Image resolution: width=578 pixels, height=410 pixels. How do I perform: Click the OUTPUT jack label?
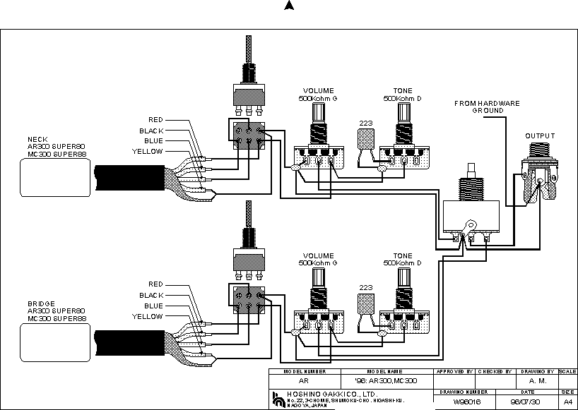tap(540, 136)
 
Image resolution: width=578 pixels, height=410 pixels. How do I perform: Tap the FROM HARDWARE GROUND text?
tap(487, 107)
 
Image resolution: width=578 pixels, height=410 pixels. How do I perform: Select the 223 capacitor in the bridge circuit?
tap(365, 304)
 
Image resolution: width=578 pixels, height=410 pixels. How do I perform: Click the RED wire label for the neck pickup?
tap(155, 120)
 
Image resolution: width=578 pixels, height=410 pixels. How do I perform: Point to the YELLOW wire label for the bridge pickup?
tap(148, 317)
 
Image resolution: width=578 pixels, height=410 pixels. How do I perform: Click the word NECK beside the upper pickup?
tap(37, 139)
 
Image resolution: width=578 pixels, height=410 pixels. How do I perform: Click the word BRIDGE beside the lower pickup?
tap(40, 303)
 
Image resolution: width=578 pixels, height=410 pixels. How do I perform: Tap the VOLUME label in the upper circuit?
tap(318, 91)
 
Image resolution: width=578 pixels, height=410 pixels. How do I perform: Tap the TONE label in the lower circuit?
tap(403, 255)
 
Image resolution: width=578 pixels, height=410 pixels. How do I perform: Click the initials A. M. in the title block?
tap(537, 380)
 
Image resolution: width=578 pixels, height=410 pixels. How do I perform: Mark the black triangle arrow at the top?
tap(288, 6)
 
